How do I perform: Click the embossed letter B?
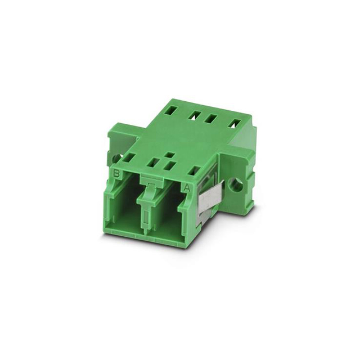tap(117, 173)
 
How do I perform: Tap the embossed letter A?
tap(187, 187)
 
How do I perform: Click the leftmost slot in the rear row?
tap(171, 111)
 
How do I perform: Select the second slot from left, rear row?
tap(193, 115)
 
